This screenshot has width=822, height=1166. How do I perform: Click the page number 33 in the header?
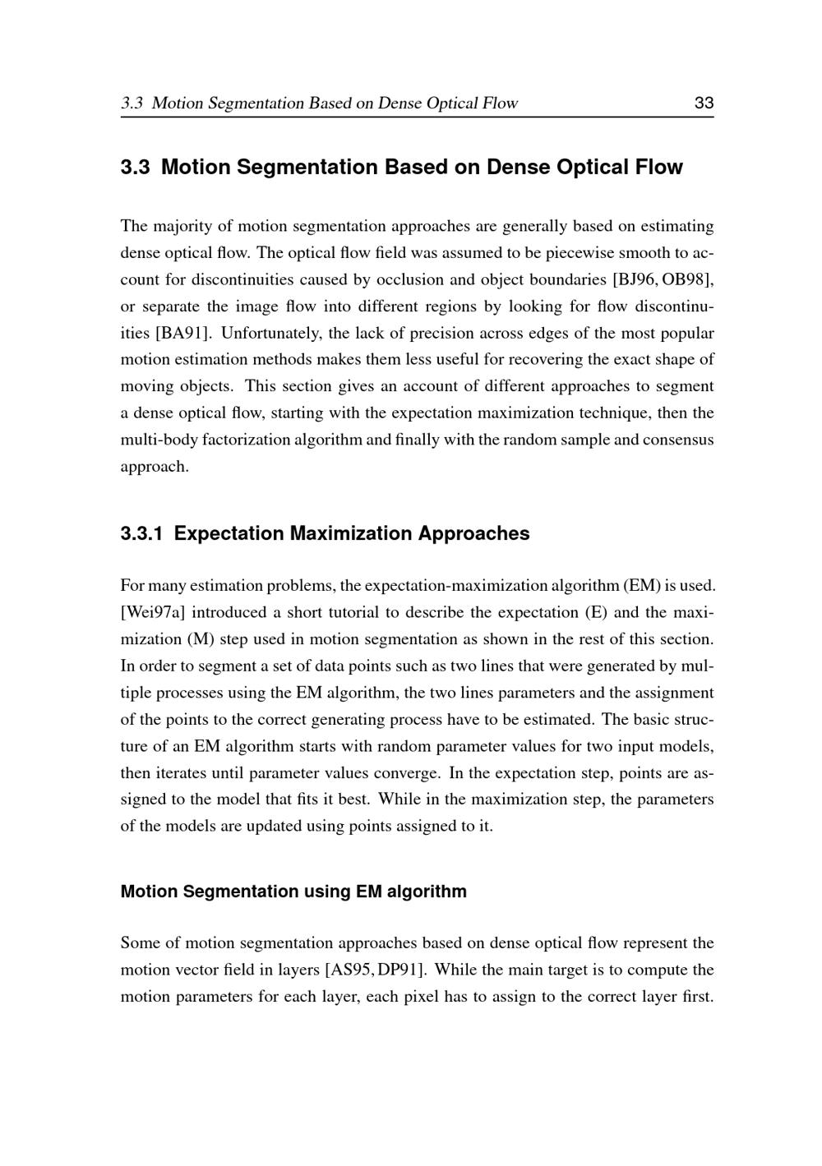point(704,104)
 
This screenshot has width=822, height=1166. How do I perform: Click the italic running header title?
point(320,104)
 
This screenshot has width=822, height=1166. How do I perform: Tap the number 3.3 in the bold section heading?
point(135,168)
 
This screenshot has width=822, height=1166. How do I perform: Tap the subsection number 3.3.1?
point(141,534)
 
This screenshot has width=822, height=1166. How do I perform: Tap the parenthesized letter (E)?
point(595,612)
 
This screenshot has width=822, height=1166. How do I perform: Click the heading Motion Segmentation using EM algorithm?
point(293,892)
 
